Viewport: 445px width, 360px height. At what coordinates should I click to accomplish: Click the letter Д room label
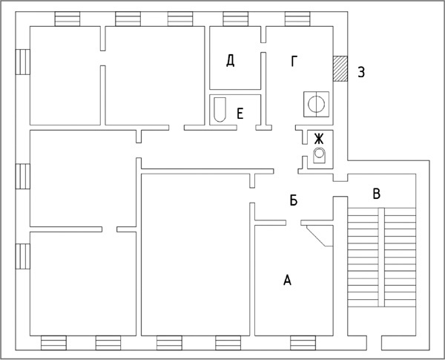point(230,61)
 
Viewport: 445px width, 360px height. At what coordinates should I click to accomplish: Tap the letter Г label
point(294,61)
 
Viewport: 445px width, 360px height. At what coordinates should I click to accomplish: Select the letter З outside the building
point(361,72)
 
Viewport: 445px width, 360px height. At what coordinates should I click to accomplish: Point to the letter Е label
point(240,114)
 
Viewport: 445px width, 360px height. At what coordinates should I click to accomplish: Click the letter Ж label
point(319,139)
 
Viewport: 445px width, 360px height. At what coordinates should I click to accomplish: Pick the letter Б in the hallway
point(294,200)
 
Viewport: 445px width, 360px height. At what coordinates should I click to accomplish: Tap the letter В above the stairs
point(376,194)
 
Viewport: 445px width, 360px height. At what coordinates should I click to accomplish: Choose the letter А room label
point(287,280)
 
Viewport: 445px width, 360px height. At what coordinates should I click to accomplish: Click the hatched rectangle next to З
point(340,69)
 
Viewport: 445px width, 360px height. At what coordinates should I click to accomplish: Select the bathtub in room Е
point(220,110)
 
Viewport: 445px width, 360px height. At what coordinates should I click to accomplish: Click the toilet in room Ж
point(319,155)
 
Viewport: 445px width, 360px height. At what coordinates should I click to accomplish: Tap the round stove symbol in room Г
point(316,104)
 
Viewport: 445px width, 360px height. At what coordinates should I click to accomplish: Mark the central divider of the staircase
point(381,257)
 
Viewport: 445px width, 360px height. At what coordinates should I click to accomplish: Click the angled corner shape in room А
point(319,236)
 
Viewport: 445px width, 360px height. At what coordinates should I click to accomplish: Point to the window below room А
point(303,343)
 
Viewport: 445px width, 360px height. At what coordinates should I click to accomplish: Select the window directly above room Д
point(236,19)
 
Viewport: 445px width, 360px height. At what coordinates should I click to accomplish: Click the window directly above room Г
point(297,19)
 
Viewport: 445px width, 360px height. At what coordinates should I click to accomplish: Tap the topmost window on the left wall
point(23,62)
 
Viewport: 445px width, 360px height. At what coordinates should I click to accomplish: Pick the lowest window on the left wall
point(23,256)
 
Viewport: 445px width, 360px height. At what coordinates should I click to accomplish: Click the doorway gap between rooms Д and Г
point(263,48)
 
